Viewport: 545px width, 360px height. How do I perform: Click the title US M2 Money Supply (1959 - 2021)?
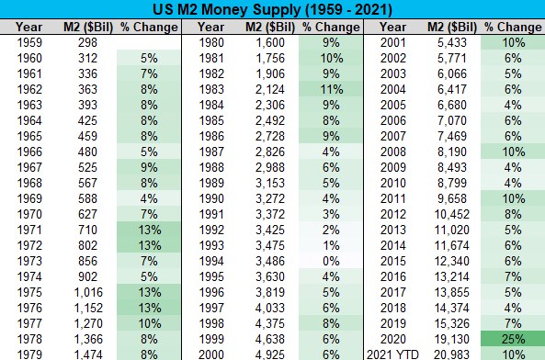[272, 9]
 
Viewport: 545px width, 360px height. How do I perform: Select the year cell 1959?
[28, 43]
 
